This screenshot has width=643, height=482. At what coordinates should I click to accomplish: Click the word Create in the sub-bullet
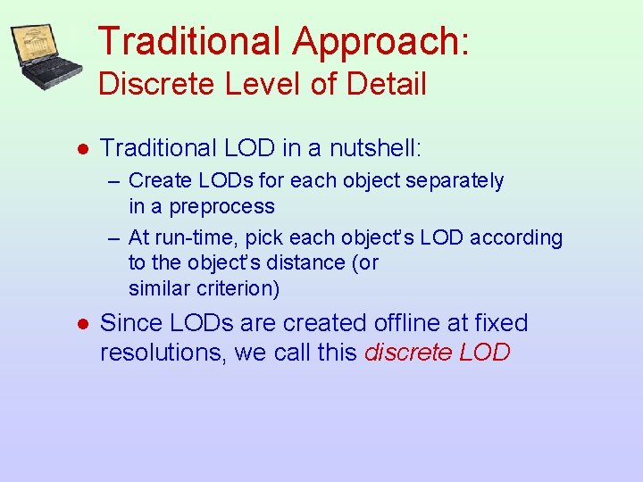click(x=155, y=180)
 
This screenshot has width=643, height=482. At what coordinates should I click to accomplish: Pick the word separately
click(x=455, y=180)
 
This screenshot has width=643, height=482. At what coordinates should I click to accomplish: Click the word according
click(x=518, y=237)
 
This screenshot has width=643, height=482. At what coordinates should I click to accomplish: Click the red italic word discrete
click(x=408, y=353)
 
